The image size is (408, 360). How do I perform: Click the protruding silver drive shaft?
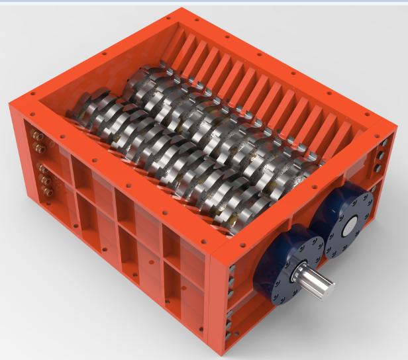(x=317, y=283)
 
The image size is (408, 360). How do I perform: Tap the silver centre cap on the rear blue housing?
(x=347, y=224)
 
